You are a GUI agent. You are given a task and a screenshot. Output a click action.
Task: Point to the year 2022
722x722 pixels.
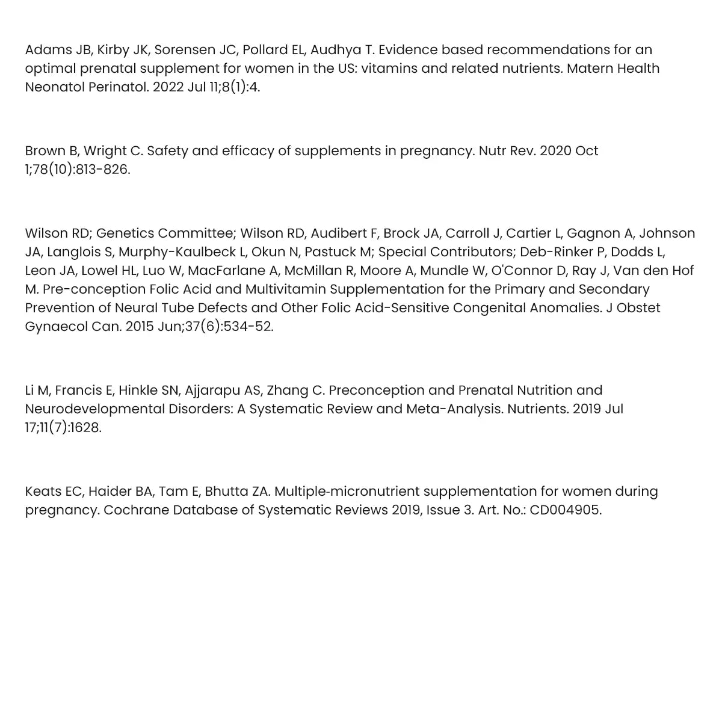click(168, 87)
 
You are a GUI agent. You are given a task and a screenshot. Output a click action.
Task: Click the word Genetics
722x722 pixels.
click(123, 233)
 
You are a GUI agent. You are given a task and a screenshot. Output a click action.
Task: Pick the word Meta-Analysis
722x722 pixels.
click(454, 409)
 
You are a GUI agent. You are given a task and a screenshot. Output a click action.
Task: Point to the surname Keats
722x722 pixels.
click(43, 492)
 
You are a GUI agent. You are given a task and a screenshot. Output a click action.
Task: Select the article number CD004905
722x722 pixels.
click(565, 510)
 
